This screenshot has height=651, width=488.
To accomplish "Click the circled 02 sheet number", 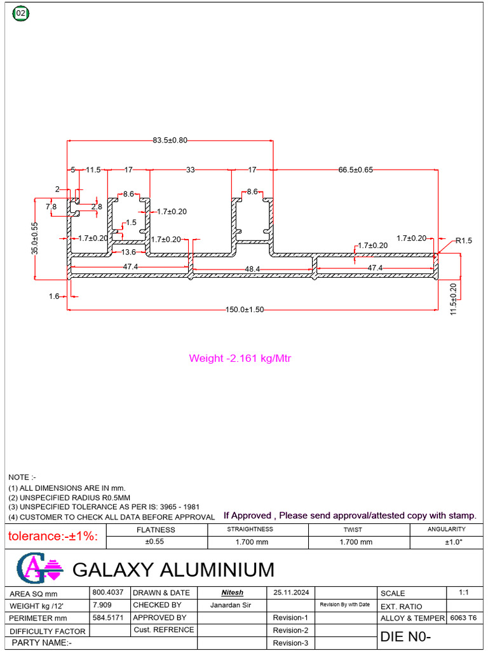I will [x=21, y=13].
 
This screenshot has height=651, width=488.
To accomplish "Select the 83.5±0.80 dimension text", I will [x=170, y=140].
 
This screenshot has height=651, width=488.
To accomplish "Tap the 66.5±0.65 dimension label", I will [x=356, y=170].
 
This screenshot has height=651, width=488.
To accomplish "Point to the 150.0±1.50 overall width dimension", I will [x=245, y=310].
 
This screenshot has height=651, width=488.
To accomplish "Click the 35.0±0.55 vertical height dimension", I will [x=36, y=238].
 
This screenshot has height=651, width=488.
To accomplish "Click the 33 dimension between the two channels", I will [x=190, y=170].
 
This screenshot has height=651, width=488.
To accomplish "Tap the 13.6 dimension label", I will [x=128, y=252].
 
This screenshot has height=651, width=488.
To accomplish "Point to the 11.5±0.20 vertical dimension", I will [x=452, y=296].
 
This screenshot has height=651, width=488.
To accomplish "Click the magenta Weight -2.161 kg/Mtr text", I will [x=240, y=359].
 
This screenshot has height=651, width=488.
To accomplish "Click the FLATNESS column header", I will [x=156, y=530].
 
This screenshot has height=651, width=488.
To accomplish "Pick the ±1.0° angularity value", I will [x=454, y=542].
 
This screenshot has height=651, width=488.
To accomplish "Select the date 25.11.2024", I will [x=291, y=593].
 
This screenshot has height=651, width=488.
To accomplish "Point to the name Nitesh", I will [x=232, y=593].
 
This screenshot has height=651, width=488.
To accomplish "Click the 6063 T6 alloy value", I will [x=463, y=618].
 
